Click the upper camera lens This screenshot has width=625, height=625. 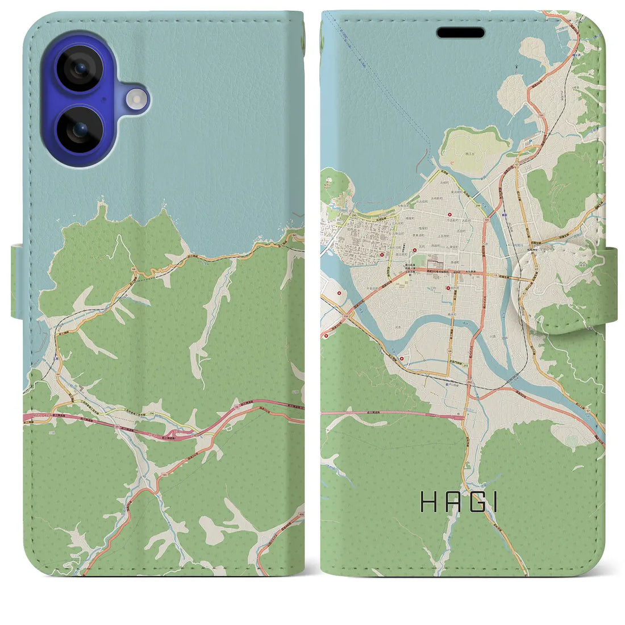click(79, 70)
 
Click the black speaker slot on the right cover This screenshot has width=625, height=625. click(460, 32)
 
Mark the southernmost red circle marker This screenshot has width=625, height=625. click(401, 359)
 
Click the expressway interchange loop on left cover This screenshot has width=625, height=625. click(182, 433)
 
